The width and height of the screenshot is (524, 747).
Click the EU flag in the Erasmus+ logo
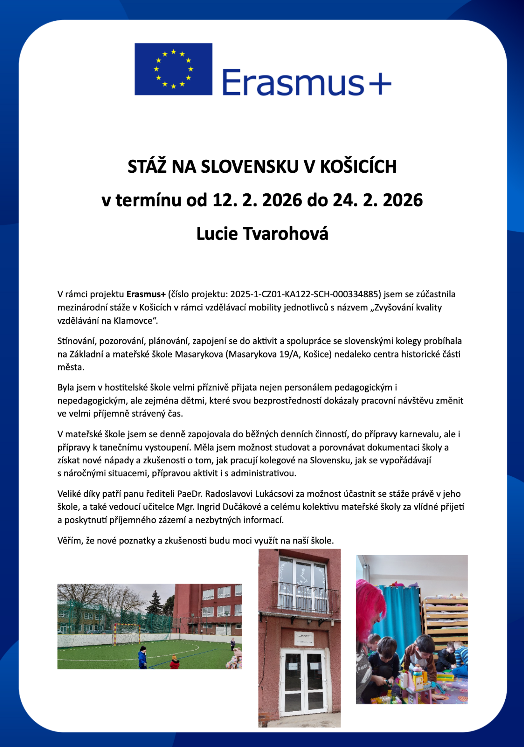(x=173, y=69)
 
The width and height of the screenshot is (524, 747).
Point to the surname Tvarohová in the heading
(x=285, y=233)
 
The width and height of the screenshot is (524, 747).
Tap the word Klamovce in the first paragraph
(x=133, y=321)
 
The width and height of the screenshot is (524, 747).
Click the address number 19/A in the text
(x=289, y=354)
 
